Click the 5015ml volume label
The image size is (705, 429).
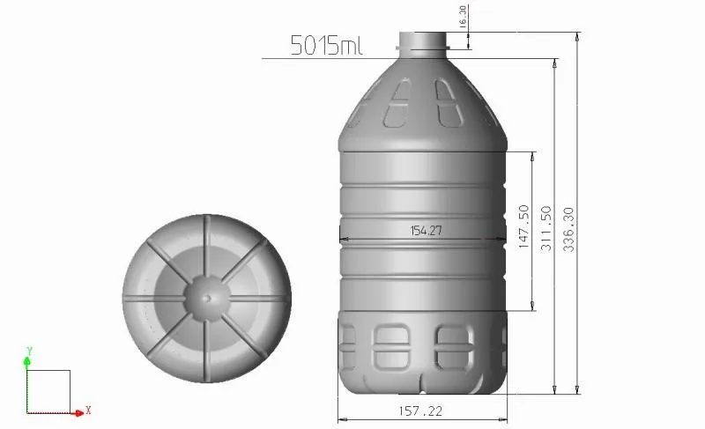[x=326, y=45]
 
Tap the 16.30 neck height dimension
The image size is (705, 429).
[x=464, y=17]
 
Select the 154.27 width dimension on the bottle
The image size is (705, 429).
[x=427, y=231]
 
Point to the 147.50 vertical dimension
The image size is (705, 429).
[x=523, y=226]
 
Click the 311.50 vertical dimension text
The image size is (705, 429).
[x=545, y=228]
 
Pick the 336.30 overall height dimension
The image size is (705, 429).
[x=568, y=229]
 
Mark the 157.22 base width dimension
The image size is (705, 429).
[x=420, y=411]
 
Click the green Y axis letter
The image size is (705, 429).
[x=29, y=351]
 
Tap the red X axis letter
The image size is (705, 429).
[x=89, y=411]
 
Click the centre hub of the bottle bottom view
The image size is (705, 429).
[x=207, y=298]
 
